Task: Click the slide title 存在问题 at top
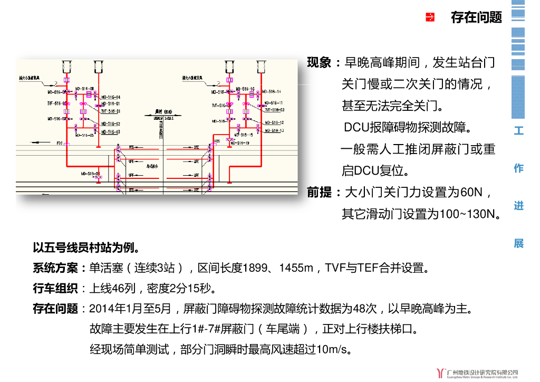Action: coord(476,17)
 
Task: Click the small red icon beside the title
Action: coord(430,17)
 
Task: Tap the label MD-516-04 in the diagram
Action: coord(111,98)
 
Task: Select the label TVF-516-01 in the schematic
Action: coord(111,111)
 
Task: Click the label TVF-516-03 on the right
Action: coord(274,110)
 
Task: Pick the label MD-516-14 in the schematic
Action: coord(273,92)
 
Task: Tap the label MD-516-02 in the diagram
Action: coord(111,125)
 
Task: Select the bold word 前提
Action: coord(320,193)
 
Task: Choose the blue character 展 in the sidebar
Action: coord(519,243)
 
